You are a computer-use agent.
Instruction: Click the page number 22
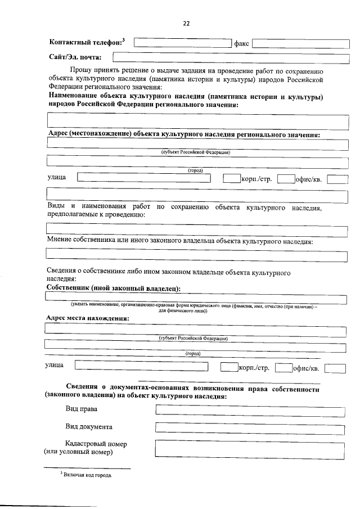click(x=186, y=23)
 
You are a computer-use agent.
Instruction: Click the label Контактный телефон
click(x=85, y=43)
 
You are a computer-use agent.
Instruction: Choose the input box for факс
click(x=300, y=43)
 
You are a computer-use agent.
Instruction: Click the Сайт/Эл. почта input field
click(x=231, y=57)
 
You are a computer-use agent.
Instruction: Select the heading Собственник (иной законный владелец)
click(x=113, y=288)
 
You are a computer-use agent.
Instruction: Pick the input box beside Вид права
click(x=250, y=410)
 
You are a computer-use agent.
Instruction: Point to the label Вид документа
click(x=88, y=427)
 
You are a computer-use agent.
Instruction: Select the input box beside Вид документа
click(x=250, y=427)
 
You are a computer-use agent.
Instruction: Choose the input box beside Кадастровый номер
click(x=250, y=448)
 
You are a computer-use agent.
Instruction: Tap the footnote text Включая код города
click(x=87, y=475)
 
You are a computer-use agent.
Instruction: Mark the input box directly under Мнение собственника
click(x=196, y=256)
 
